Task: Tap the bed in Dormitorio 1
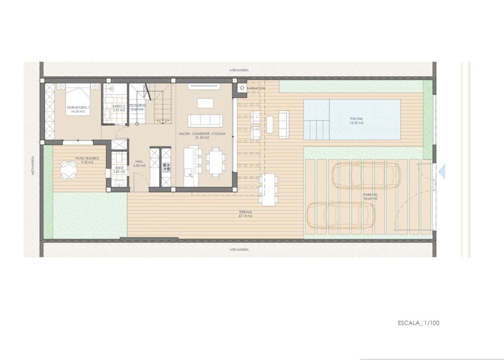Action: click(x=76, y=97)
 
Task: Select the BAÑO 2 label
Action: click(x=118, y=106)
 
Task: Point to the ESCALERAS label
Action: click(x=137, y=106)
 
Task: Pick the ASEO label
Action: click(x=119, y=168)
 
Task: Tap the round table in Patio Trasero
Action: click(x=68, y=170)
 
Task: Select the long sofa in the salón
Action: click(x=205, y=120)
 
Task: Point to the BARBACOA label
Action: click(x=256, y=89)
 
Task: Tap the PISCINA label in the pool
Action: click(x=357, y=119)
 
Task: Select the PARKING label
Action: click(x=371, y=195)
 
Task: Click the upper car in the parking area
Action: click(x=366, y=175)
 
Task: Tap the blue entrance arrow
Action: click(x=441, y=171)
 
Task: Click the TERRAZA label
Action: click(x=245, y=212)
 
